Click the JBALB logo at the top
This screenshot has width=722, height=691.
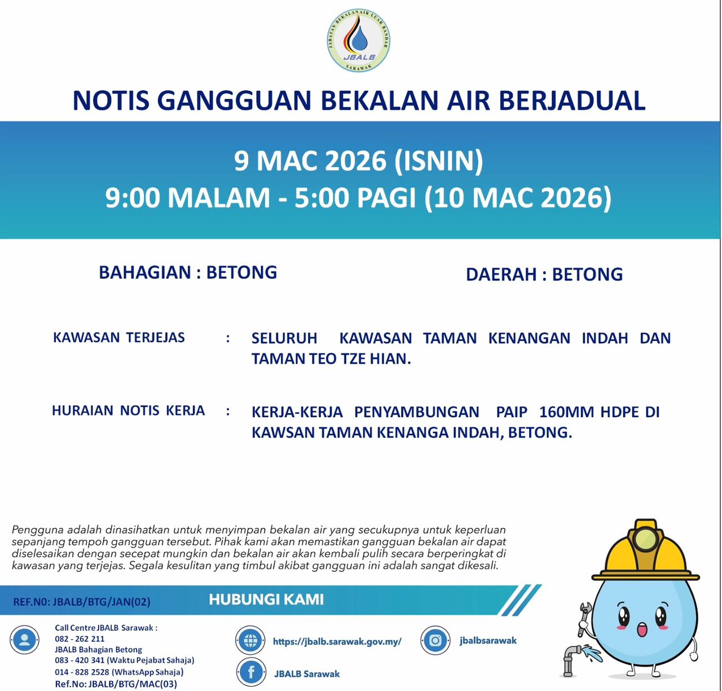tap(359, 41)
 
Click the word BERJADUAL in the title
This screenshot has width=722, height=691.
tap(572, 100)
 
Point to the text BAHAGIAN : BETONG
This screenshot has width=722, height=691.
tap(188, 273)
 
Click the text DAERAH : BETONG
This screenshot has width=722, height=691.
tap(544, 274)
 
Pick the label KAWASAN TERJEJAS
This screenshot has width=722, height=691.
tap(119, 338)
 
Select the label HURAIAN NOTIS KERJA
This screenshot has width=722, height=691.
tap(128, 410)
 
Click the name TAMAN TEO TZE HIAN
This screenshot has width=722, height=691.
tap(331, 359)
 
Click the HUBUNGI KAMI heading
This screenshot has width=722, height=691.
tap(266, 600)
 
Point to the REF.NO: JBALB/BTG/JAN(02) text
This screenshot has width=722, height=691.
tap(82, 602)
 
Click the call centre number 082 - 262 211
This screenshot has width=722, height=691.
tap(80, 639)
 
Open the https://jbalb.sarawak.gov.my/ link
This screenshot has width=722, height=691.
tap(337, 641)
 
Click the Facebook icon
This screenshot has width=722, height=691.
tap(251, 672)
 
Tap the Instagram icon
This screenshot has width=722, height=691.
tap(435, 641)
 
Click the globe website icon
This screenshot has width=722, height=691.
tap(250, 641)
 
